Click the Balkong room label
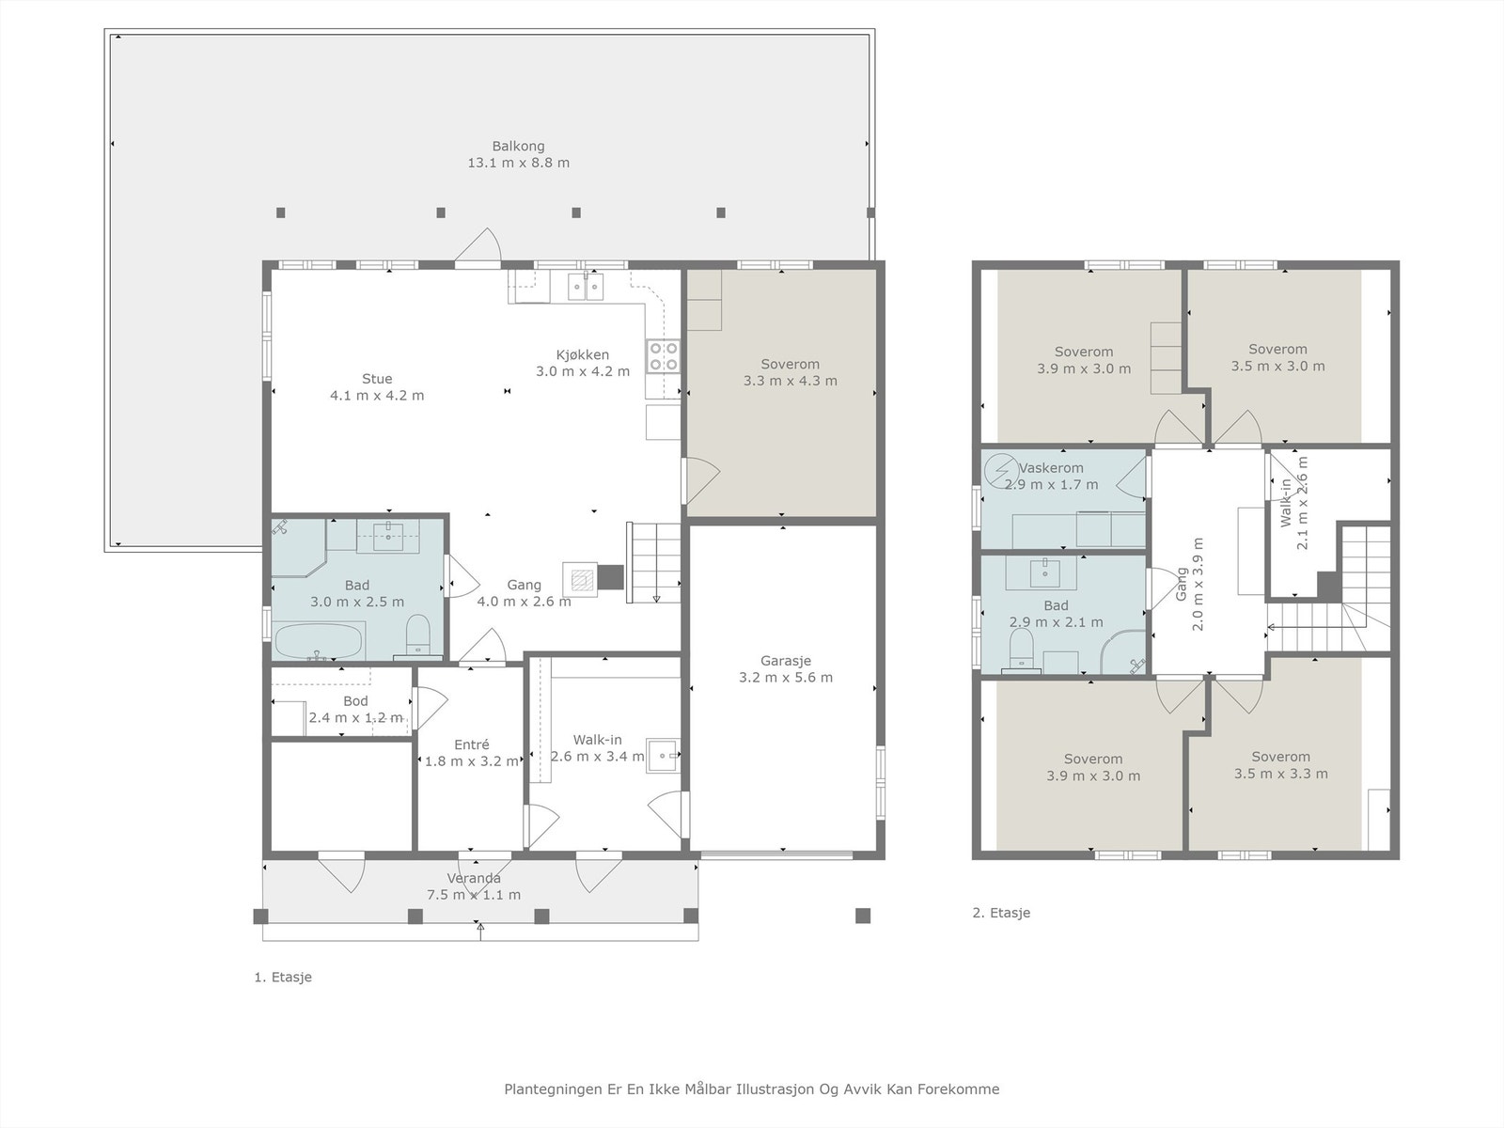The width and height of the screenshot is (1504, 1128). click(x=518, y=146)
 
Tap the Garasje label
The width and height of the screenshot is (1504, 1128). click(x=785, y=661)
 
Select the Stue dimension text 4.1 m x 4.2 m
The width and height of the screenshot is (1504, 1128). click(x=377, y=395)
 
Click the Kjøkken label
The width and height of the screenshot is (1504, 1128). click(x=583, y=354)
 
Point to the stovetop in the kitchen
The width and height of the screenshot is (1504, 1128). click(x=663, y=356)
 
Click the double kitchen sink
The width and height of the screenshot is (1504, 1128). click(x=586, y=287)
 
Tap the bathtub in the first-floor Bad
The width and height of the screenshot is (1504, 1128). click(x=318, y=641)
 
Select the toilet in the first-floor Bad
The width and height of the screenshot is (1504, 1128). click(x=417, y=634)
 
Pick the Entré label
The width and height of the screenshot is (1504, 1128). click(x=472, y=744)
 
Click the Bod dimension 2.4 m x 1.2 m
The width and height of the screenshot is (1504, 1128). click(x=355, y=718)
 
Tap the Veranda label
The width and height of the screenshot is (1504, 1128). click(x=474, y=878)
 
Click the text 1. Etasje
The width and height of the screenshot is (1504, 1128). click(x=282, y=977)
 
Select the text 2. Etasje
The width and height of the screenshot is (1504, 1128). click(x=1001, y=912)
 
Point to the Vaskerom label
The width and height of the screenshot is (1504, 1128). click(x=1051, y=468)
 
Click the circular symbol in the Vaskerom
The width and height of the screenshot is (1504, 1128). click(x=1000, y=470)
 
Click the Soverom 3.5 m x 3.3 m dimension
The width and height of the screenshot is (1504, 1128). click(x=1280, y=774)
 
